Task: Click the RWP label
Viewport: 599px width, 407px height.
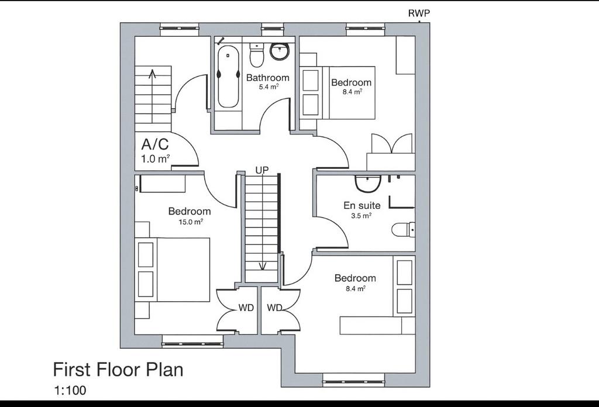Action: (x=419, y=13)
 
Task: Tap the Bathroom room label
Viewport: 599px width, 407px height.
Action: (x=267, y=78)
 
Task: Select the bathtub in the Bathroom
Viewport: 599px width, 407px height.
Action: (x=228, y=77)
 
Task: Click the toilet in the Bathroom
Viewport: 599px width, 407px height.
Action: (x=256, y=54)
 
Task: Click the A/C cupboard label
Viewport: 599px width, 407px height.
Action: (x=154, y=144)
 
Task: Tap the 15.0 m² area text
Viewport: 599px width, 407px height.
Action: (x=191, y=221)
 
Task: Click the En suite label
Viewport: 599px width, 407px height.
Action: (x=362, y=205)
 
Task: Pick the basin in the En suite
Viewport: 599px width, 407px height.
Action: (x=368, y=183)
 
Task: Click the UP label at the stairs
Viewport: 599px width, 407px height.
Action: (x=262, y=170)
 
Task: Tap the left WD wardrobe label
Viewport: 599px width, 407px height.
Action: (x=246, y=308)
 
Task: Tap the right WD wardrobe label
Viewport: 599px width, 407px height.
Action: (x=274, y=308)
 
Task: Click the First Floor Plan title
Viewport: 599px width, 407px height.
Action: (x=118, y=370)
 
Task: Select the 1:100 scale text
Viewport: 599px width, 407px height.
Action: (x=70, y=391)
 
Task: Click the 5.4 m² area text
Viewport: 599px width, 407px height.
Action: (x=268, y=87)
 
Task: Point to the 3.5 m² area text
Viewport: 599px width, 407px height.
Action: (x=362, y=216)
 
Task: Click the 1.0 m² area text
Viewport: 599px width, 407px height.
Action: (x=156, y=159)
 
